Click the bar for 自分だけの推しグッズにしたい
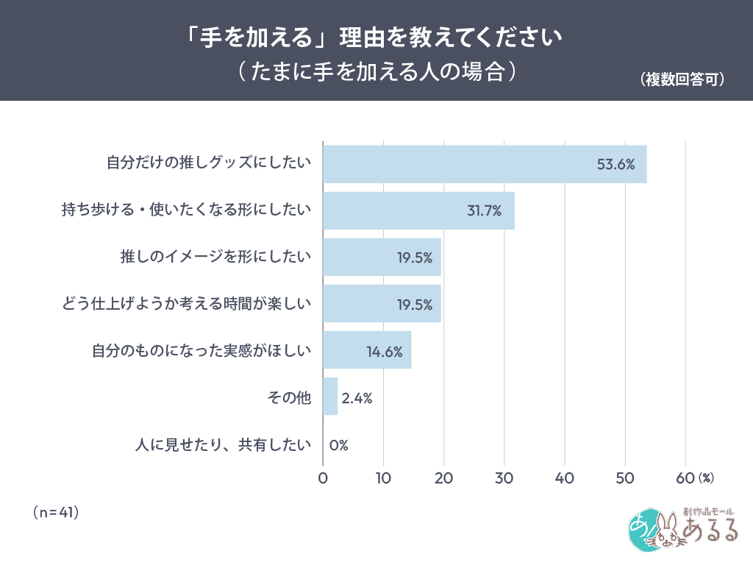[x=485, y=164]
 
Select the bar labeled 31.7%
[x=418, y=210]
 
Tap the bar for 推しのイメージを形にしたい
[x=382, y=257]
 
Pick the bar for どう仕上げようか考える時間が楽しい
[x=382, y=304]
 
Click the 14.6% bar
[x=367, y=350]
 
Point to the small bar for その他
[x=330, y=397]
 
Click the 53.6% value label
[x=615, y=165]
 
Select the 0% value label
[x=338, y=444]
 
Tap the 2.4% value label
[x=357, y=398]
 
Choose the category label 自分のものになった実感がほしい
[x=202, y=351]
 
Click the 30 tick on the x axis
[x=504, y=478]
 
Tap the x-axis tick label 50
[x=624, y=478]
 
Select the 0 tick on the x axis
[x=324, y=478]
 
